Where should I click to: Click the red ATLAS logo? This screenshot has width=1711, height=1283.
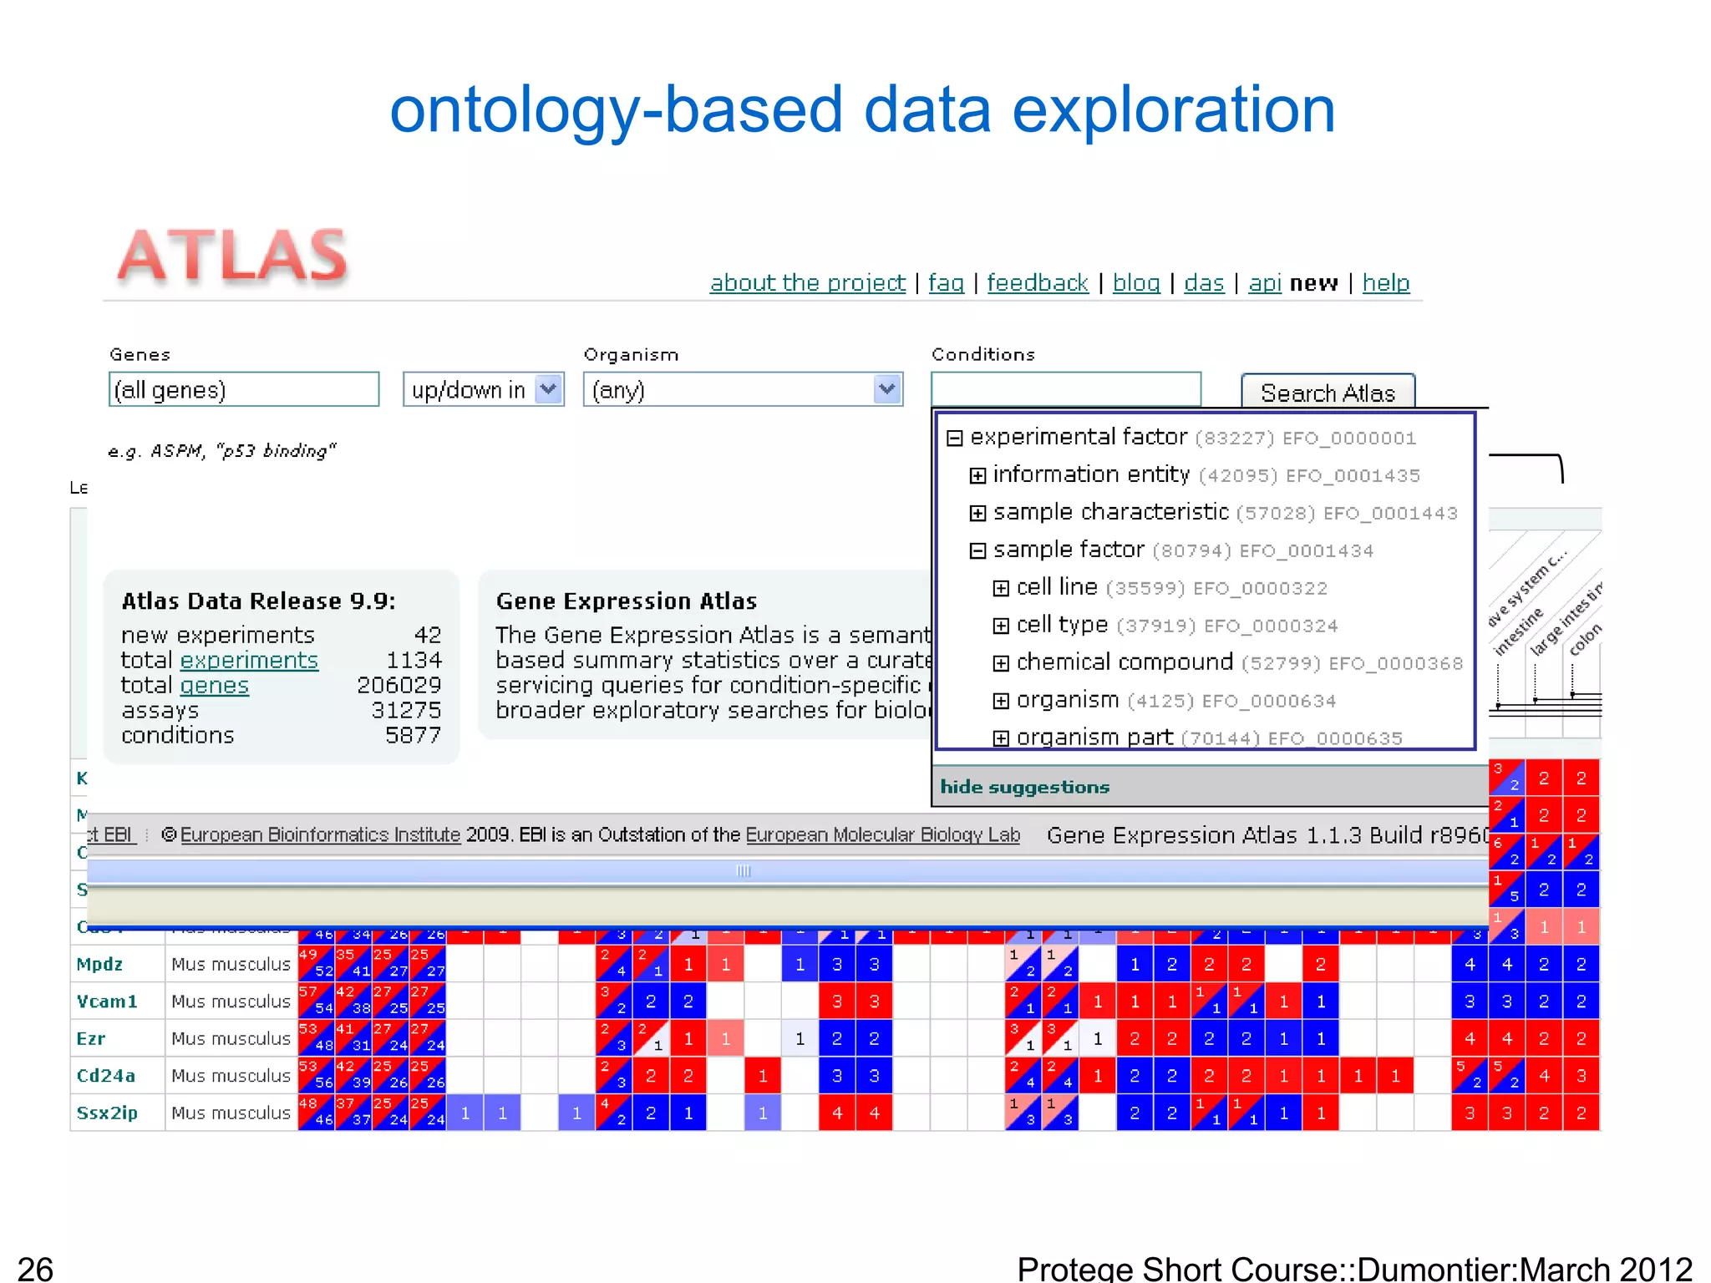tap(232, 255)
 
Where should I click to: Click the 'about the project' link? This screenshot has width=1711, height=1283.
tap(807, 283)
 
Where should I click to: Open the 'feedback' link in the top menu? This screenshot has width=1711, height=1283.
tap(1037, 283)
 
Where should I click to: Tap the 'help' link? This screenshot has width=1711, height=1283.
tap(1385, 283)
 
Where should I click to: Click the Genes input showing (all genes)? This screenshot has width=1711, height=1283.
tap(243, 390)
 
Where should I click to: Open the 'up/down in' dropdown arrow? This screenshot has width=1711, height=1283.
tap(548, 389)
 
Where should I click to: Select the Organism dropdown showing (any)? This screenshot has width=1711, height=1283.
tap(742, 390)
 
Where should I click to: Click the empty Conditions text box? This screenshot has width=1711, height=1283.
tap(1065, 389)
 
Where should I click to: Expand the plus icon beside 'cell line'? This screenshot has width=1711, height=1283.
tap(1000, 589)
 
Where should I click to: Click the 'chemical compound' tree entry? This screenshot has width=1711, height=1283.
tap(1124, 662)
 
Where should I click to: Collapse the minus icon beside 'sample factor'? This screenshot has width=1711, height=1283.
tap(977, 551)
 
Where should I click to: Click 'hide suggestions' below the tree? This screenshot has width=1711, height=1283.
tap(1024, 787)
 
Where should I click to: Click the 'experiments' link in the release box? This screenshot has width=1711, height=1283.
tap(249, 661)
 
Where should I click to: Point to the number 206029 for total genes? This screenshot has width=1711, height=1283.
tap(399, 686)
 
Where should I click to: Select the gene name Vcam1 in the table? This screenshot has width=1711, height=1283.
tap(106, 1002)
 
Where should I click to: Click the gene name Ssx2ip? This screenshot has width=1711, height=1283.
tap(107, 1113)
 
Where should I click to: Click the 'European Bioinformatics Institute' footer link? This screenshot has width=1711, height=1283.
tap(320, 835)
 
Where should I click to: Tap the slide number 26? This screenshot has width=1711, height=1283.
tap(35, 1268)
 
